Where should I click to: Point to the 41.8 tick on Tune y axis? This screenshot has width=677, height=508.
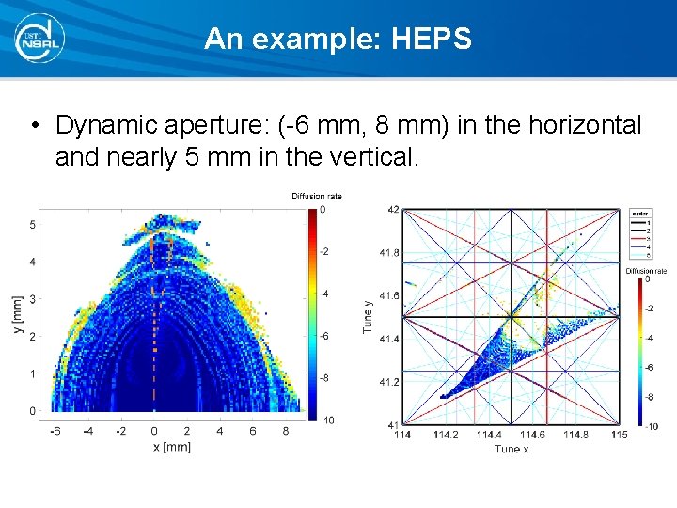pyautogui.click(x=388, y=253)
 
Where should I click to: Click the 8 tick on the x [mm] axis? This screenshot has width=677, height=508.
pyautogui.click(x=287, y=432)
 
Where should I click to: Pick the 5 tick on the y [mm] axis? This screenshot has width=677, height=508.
pyautogui.click(x=32, y=224)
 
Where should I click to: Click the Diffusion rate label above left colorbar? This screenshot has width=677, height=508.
pyautogui.click(x=317, y=197)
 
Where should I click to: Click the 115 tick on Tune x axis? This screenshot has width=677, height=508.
pyautogui.click(x=619, y=435)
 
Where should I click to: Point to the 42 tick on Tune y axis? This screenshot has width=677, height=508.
pyautogui.click(x=392, y=209)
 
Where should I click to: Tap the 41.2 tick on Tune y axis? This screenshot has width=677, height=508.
pyautogui.click(x=388, y=382)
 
